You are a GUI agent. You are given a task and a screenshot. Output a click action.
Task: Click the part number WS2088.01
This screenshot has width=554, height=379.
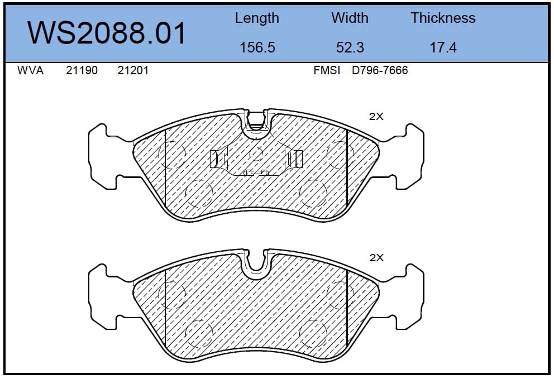[106, 33]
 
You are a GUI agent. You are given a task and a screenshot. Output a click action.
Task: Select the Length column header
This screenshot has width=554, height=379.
[257, 18]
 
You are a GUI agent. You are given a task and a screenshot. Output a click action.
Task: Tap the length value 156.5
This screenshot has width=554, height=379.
[257, 47]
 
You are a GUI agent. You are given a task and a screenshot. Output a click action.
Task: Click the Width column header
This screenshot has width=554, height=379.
[350, 18]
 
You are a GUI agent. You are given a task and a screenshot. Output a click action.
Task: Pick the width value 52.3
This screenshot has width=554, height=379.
[350, 47]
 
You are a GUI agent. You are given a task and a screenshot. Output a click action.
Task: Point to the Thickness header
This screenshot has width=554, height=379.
[443, 18]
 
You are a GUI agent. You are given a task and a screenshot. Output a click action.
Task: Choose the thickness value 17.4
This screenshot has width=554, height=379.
[443, 47]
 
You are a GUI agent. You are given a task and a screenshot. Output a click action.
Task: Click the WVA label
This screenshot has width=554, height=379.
[30, 70]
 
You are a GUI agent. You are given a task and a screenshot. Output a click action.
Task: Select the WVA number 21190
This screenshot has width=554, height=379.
[82, 70]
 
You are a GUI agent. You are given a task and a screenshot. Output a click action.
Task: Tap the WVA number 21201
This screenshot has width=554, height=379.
[133, 70]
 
